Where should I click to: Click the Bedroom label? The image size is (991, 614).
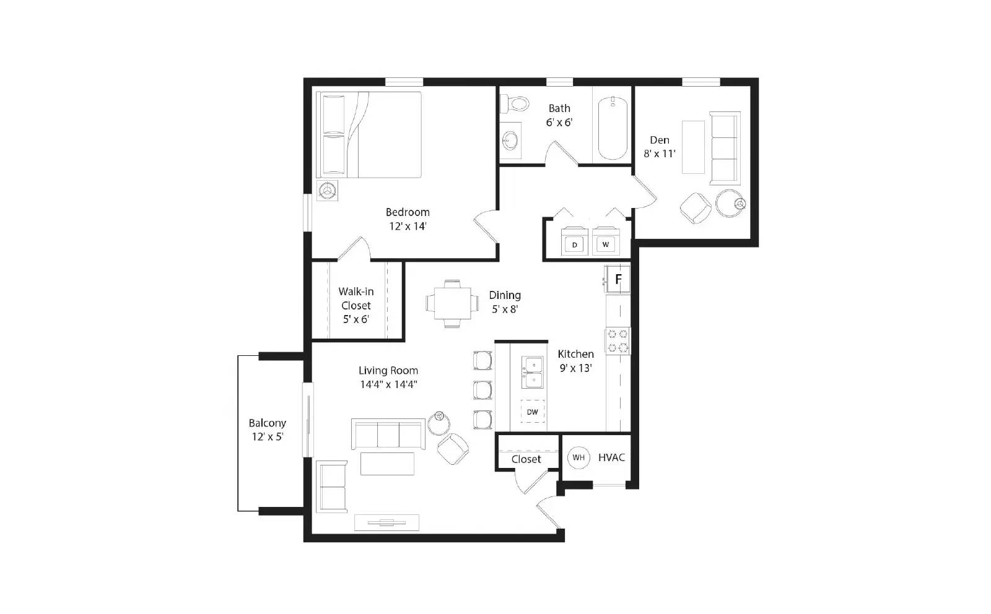(x=408, y=212)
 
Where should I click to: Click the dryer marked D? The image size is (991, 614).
(x=575, y=243)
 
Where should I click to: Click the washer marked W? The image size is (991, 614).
(x=606, y=243)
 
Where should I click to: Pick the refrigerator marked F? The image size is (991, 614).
(x=618, y=279)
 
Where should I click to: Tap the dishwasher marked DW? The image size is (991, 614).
(x=533, y=412)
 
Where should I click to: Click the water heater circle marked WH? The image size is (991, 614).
(x=578, y=457)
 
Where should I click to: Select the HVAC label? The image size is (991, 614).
(x=611, y=457)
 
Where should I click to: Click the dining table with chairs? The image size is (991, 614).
(x=452, y=303)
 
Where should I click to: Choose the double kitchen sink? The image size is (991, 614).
(x=533, y=372)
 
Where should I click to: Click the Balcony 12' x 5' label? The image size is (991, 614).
(x=268, y=430)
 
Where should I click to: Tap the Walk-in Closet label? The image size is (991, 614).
(x=356, y=298)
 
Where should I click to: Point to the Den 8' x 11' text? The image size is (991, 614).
(x=660, y=147)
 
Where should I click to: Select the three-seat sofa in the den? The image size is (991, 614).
(x=725, y=149)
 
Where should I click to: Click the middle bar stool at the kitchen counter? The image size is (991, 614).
(x=483, y=390)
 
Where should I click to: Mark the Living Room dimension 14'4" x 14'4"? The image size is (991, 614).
(x=388, y=384)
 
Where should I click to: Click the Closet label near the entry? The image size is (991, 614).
(x=526, y=459)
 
